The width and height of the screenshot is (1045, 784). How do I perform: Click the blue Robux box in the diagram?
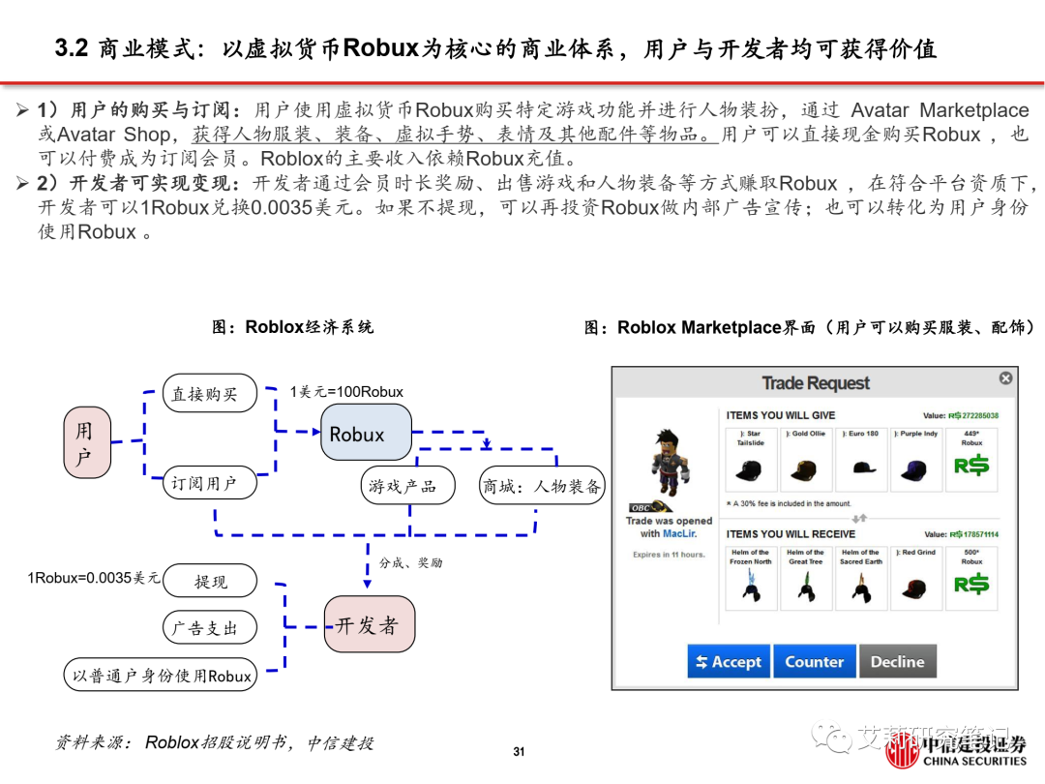tap(366, 433)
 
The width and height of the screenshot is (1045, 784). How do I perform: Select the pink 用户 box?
tap(84, 443)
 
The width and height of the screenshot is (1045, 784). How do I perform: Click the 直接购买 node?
tap(209, 394)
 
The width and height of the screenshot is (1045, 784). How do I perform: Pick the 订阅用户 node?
tap(209, 482)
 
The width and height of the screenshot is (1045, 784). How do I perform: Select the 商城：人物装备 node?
tap(542, 486)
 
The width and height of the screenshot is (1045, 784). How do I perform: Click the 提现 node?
tap(210, 581)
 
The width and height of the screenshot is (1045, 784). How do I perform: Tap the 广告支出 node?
tap(209, 627)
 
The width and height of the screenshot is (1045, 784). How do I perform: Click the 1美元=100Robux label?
tap(346, 392)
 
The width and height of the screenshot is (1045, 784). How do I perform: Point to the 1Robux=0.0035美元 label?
tap(93, 578)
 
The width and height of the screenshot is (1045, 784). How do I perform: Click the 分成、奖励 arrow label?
tap(410, 562)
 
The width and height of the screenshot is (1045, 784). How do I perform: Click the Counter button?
tap(814, 662)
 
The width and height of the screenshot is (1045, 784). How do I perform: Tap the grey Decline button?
tap(897, 662)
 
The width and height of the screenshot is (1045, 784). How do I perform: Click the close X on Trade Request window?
tap(1005, 378)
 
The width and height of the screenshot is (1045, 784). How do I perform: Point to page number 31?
tap(519, 752)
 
